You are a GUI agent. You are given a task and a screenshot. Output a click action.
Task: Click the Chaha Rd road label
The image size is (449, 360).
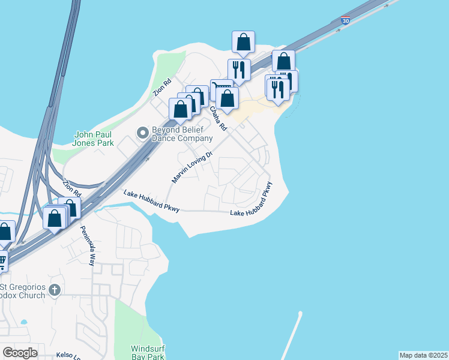218,119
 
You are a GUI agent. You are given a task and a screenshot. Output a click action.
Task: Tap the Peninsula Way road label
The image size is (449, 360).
88,247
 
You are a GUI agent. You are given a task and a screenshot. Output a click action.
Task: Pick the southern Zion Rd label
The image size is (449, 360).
71,188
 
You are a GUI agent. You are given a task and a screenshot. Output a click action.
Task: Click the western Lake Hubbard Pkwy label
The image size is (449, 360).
152,202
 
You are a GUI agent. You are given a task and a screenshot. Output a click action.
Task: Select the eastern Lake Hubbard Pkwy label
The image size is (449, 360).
256,204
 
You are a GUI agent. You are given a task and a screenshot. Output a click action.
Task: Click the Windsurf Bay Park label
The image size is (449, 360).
148,352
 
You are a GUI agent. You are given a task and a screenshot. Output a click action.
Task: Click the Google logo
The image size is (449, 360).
20,353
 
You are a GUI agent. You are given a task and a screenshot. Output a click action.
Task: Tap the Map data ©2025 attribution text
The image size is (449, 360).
423,355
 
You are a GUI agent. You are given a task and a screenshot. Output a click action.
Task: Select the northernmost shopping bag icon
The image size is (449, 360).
243,42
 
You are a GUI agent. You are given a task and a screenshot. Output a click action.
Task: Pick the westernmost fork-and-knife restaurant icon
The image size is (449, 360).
239,69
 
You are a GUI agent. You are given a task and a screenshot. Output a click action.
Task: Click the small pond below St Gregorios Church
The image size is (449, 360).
23,322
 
